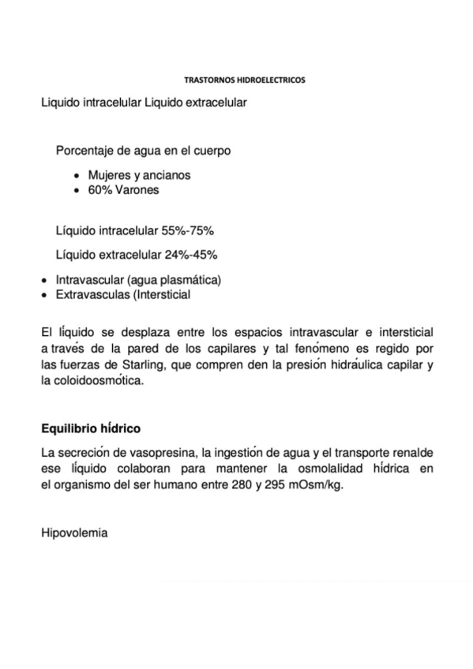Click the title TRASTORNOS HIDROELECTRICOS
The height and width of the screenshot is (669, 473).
(x=244, y=80)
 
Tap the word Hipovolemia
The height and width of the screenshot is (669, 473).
(x=74, y=533)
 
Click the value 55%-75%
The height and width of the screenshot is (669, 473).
(x=189, y=232)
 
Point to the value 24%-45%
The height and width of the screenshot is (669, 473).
(x=191, y=255)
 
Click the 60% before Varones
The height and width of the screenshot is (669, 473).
(x=99, y=190)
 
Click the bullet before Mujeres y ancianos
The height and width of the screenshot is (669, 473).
(x=76, y=175)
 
